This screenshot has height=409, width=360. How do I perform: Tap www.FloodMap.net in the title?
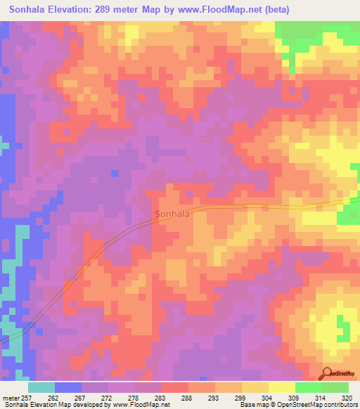221,10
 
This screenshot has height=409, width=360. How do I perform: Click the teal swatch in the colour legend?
41,387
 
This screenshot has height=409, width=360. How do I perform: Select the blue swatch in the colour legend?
68,387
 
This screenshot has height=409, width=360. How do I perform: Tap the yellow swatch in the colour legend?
282,387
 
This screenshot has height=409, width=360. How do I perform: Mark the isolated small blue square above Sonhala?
115,173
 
